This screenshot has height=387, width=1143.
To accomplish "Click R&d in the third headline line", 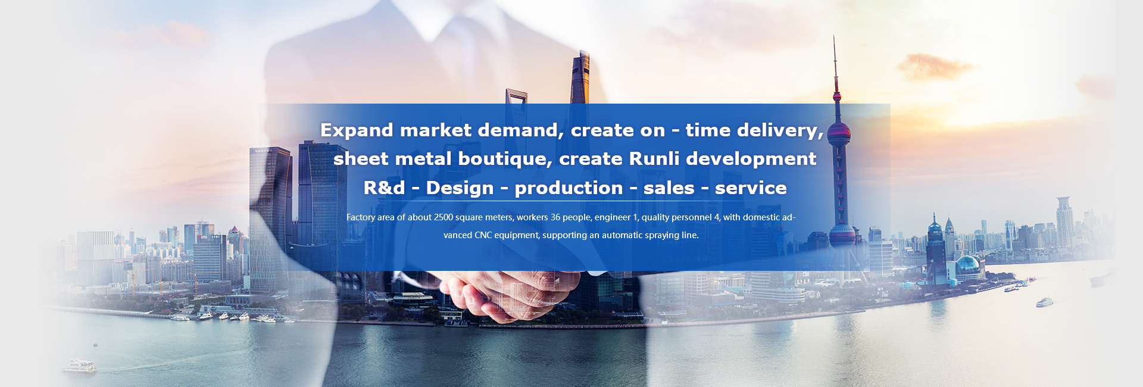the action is pos(384,188).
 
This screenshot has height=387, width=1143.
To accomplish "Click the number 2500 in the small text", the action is pos(444,217).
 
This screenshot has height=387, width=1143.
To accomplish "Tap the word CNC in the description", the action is pos(483,235).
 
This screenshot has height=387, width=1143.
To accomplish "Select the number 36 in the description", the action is pos(555,217).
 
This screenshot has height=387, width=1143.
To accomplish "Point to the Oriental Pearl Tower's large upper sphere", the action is pos(838,132).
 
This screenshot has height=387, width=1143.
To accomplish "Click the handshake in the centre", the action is pos(512,295).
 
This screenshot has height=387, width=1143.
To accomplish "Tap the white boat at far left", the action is pos(79,366).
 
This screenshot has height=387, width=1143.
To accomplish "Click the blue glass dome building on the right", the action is pos(968,267).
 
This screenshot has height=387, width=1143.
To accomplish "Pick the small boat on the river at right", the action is pos(1044,303).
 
